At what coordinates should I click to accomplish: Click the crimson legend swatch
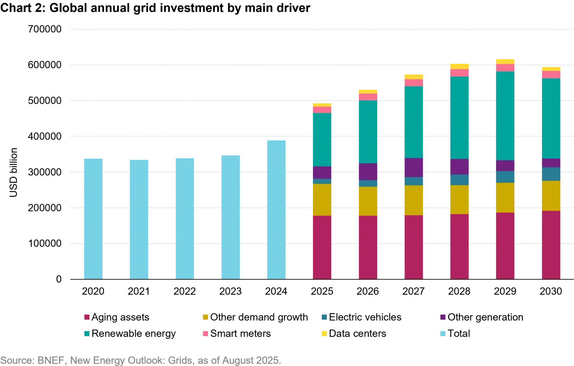pos(87,317)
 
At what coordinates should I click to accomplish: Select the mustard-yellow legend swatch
pos(205,317)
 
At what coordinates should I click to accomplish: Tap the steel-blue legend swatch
pos(325,317)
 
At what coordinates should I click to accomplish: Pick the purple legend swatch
pos(443,317)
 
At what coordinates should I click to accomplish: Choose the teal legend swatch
pos(87,333)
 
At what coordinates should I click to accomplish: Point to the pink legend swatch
pos(205,333)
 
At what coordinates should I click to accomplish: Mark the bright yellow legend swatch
pos(325,333)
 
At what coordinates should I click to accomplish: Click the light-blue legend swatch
pos(443,333)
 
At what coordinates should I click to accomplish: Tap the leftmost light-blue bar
pos(93,218)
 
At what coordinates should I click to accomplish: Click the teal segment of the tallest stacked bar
pos(506,115)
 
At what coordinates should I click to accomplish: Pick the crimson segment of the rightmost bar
pos(551,245)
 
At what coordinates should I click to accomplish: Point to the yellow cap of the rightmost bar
pos(551,69)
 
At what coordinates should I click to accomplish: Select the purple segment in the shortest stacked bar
pos(322,172)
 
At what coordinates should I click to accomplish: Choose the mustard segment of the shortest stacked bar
pos(322,200)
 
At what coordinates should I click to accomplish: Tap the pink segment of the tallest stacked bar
pos(506,68)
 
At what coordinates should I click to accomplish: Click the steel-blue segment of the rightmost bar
pos(551,174)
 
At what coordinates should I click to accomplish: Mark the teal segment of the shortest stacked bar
pos(322,140)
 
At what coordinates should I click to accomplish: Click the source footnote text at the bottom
pos(140,360)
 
